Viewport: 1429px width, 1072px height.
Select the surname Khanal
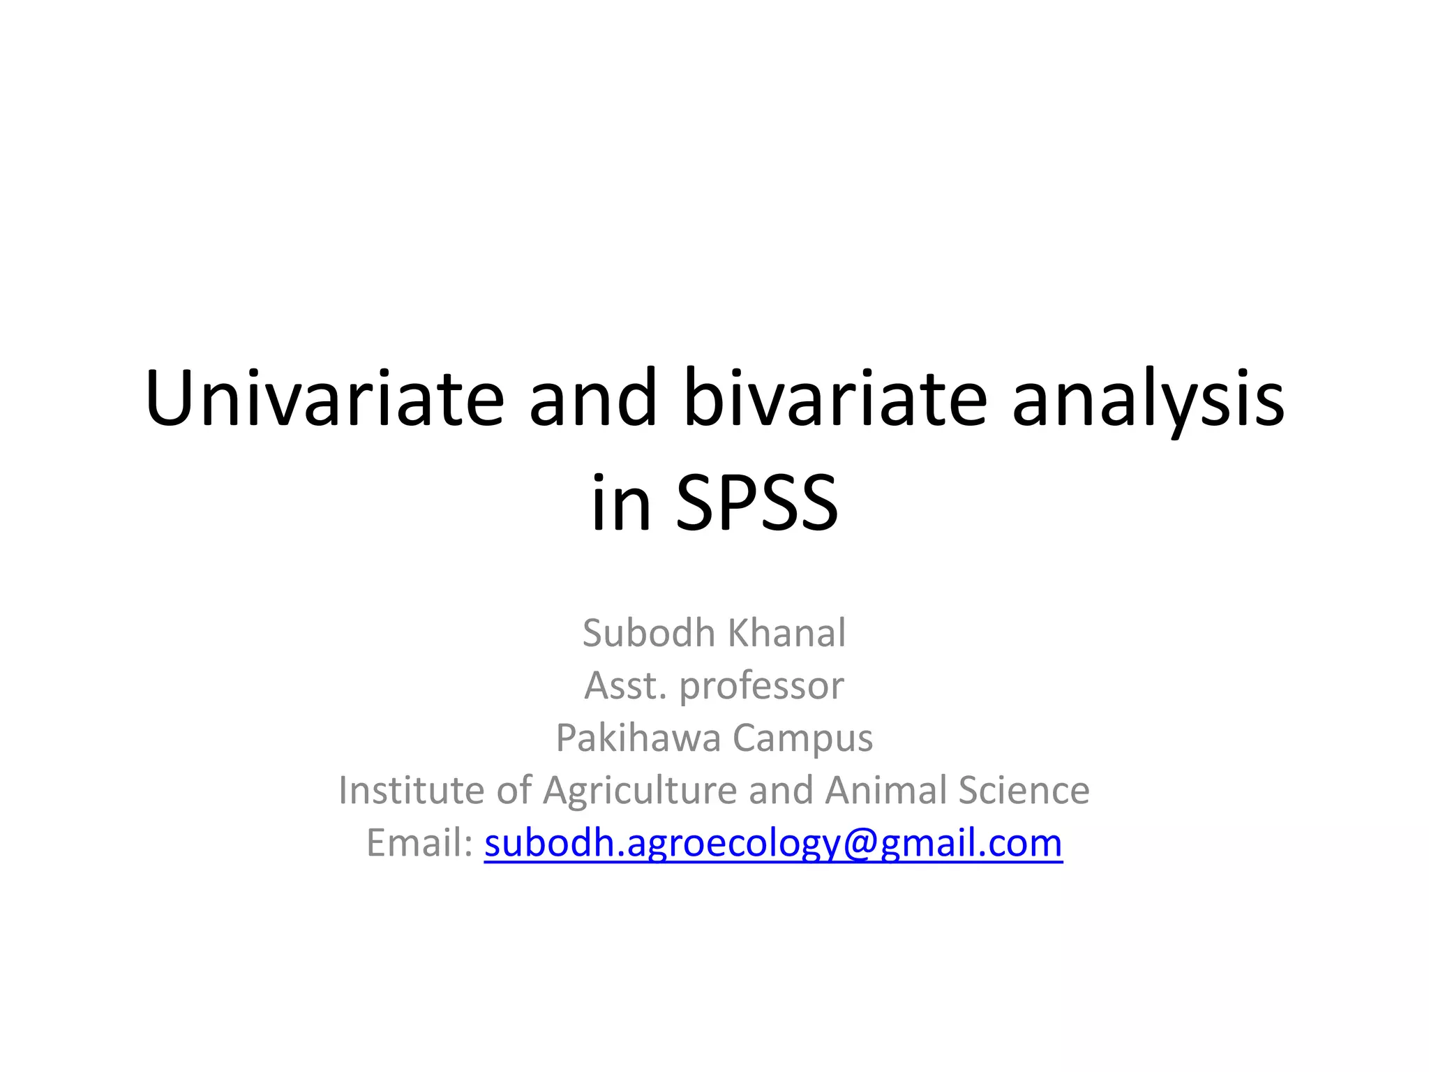tap(787, 633)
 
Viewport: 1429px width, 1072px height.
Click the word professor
tap(761, 687)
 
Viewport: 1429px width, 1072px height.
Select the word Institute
tap(411, 790)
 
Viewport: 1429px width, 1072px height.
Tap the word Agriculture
tap(640, 791)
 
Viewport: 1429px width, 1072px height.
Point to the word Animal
tap(885, 790)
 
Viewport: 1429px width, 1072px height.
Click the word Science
tap(1024, 790)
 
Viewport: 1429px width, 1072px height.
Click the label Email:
tap(419, 842)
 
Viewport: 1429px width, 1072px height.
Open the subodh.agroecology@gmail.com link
tap(773, 844)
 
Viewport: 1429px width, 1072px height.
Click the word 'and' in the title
tap(593, 399)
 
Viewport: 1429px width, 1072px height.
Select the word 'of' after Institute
tap(514, 790)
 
